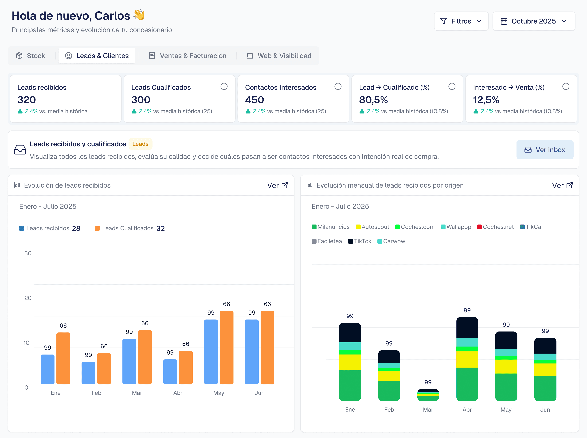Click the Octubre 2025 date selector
pyautogui.click(x=533, y=21)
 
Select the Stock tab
pyautogui.click(x=31, y=56)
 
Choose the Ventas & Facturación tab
pyautogui.click(x=188, y=56)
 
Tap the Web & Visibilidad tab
pyautogui.click(x=279, y=56)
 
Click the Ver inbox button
pyautogui.click(x=545, y=150)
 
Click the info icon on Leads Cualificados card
pyautogui.click(x=224, y=87)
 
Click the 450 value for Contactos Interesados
pyautogui.click(x=254, y=100)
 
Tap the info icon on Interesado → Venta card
pyautogui.click(x=566, y=87)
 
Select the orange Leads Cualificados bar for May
pyautogui.click(x=227, y=347)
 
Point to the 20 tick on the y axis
pyautogui.click(x=28, y=298)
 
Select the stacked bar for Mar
pyautogui.click(x=428, y=395)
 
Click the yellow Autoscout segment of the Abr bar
pyautogui.click(x=467, y=359)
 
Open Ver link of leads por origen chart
pyautogui.click(x=562, y=185)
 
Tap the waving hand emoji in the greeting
pyautogui.click(x=139, y=15)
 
